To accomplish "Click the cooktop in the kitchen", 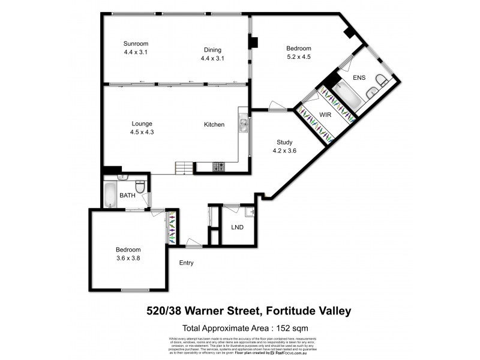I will point(219,167).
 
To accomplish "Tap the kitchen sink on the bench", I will point(243,125).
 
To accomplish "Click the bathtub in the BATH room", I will point(111,195).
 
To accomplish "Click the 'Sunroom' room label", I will point(136,43).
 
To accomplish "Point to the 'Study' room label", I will point(284,142).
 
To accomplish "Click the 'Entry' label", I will point(186,263).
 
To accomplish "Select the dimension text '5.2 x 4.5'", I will point(298,58).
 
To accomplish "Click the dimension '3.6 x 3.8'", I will point(128,259).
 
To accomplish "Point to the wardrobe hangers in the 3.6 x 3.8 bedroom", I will point(172,227).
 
